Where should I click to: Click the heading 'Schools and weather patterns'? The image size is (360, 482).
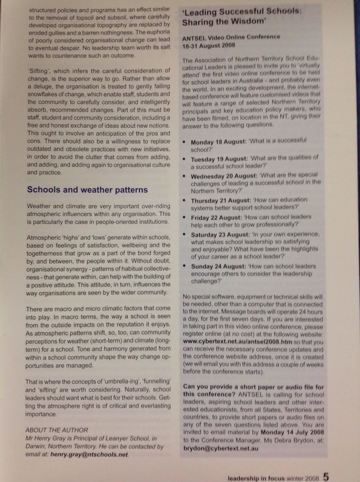(x=87, y=190)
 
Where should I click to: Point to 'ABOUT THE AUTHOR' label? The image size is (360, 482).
(x=56, y=430)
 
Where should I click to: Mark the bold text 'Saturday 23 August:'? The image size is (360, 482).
(x=221, y=235)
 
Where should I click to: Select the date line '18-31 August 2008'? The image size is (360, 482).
(x=208, y=45)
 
